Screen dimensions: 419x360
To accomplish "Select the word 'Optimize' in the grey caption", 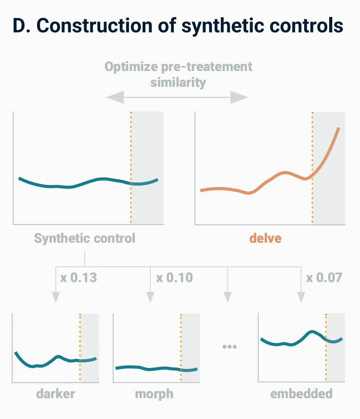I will coord(127,67).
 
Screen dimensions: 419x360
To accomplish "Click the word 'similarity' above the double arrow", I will coord(178,82).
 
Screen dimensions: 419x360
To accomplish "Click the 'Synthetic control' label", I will coord(85,238).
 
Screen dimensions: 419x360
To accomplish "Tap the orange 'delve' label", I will coord(265,238).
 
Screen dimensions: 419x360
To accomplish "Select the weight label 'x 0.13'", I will coord(79,277).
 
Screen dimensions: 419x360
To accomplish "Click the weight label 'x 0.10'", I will coord(174,277).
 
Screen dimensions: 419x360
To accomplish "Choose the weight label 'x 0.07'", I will coord(324,277).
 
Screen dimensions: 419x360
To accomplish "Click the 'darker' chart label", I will coord(56,394).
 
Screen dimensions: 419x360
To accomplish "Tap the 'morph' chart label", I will coord(154,394).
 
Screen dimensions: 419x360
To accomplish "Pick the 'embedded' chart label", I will coord(301,394).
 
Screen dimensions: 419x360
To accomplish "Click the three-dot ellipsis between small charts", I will coord(229,346).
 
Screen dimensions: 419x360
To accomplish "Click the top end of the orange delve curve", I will coord(339,128).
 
